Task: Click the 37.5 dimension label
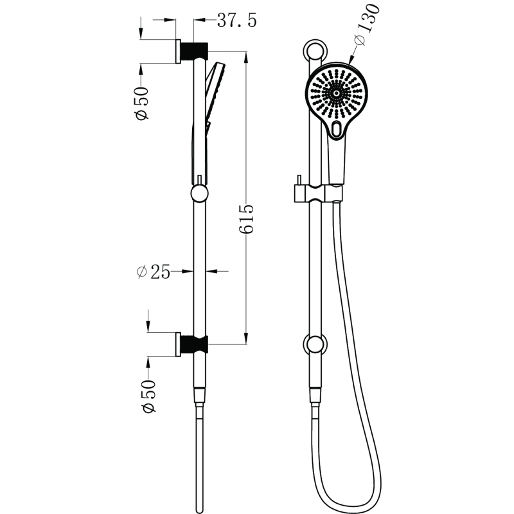click(236, 21)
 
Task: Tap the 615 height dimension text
click(246, 219)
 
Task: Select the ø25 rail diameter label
click(154, 272)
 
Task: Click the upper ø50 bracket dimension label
click(141, 103)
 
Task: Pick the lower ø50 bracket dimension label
click(148, 396)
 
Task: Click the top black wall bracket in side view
click(195, 51)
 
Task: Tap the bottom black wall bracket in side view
click(195, 344)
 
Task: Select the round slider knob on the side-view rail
click(199, 193)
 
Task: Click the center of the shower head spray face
click(336, 93)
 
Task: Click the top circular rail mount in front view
click(315, 51)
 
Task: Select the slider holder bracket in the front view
click(318, 193)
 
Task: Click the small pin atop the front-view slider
click(299, 181)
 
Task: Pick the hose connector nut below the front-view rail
click(315, 396)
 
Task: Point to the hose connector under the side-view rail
click(199, 397)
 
